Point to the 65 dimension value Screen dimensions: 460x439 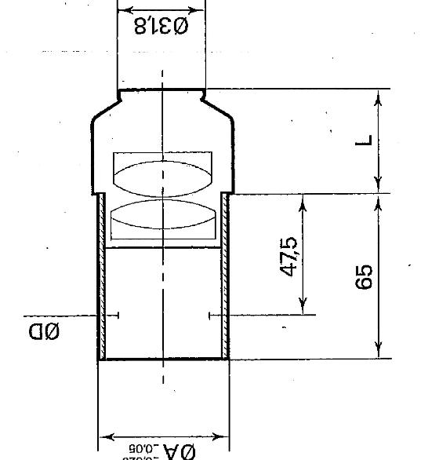pyautogui.click(x=364, y=277)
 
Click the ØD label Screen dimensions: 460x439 pyautogui.click(x=45, y=332)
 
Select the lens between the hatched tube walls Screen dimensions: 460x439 pyautogui.click(x=162, y=220)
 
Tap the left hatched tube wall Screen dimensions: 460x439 pyautogui.click(x=101, y=275)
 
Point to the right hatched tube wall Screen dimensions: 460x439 pyautogui.click(x=226, y=275)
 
